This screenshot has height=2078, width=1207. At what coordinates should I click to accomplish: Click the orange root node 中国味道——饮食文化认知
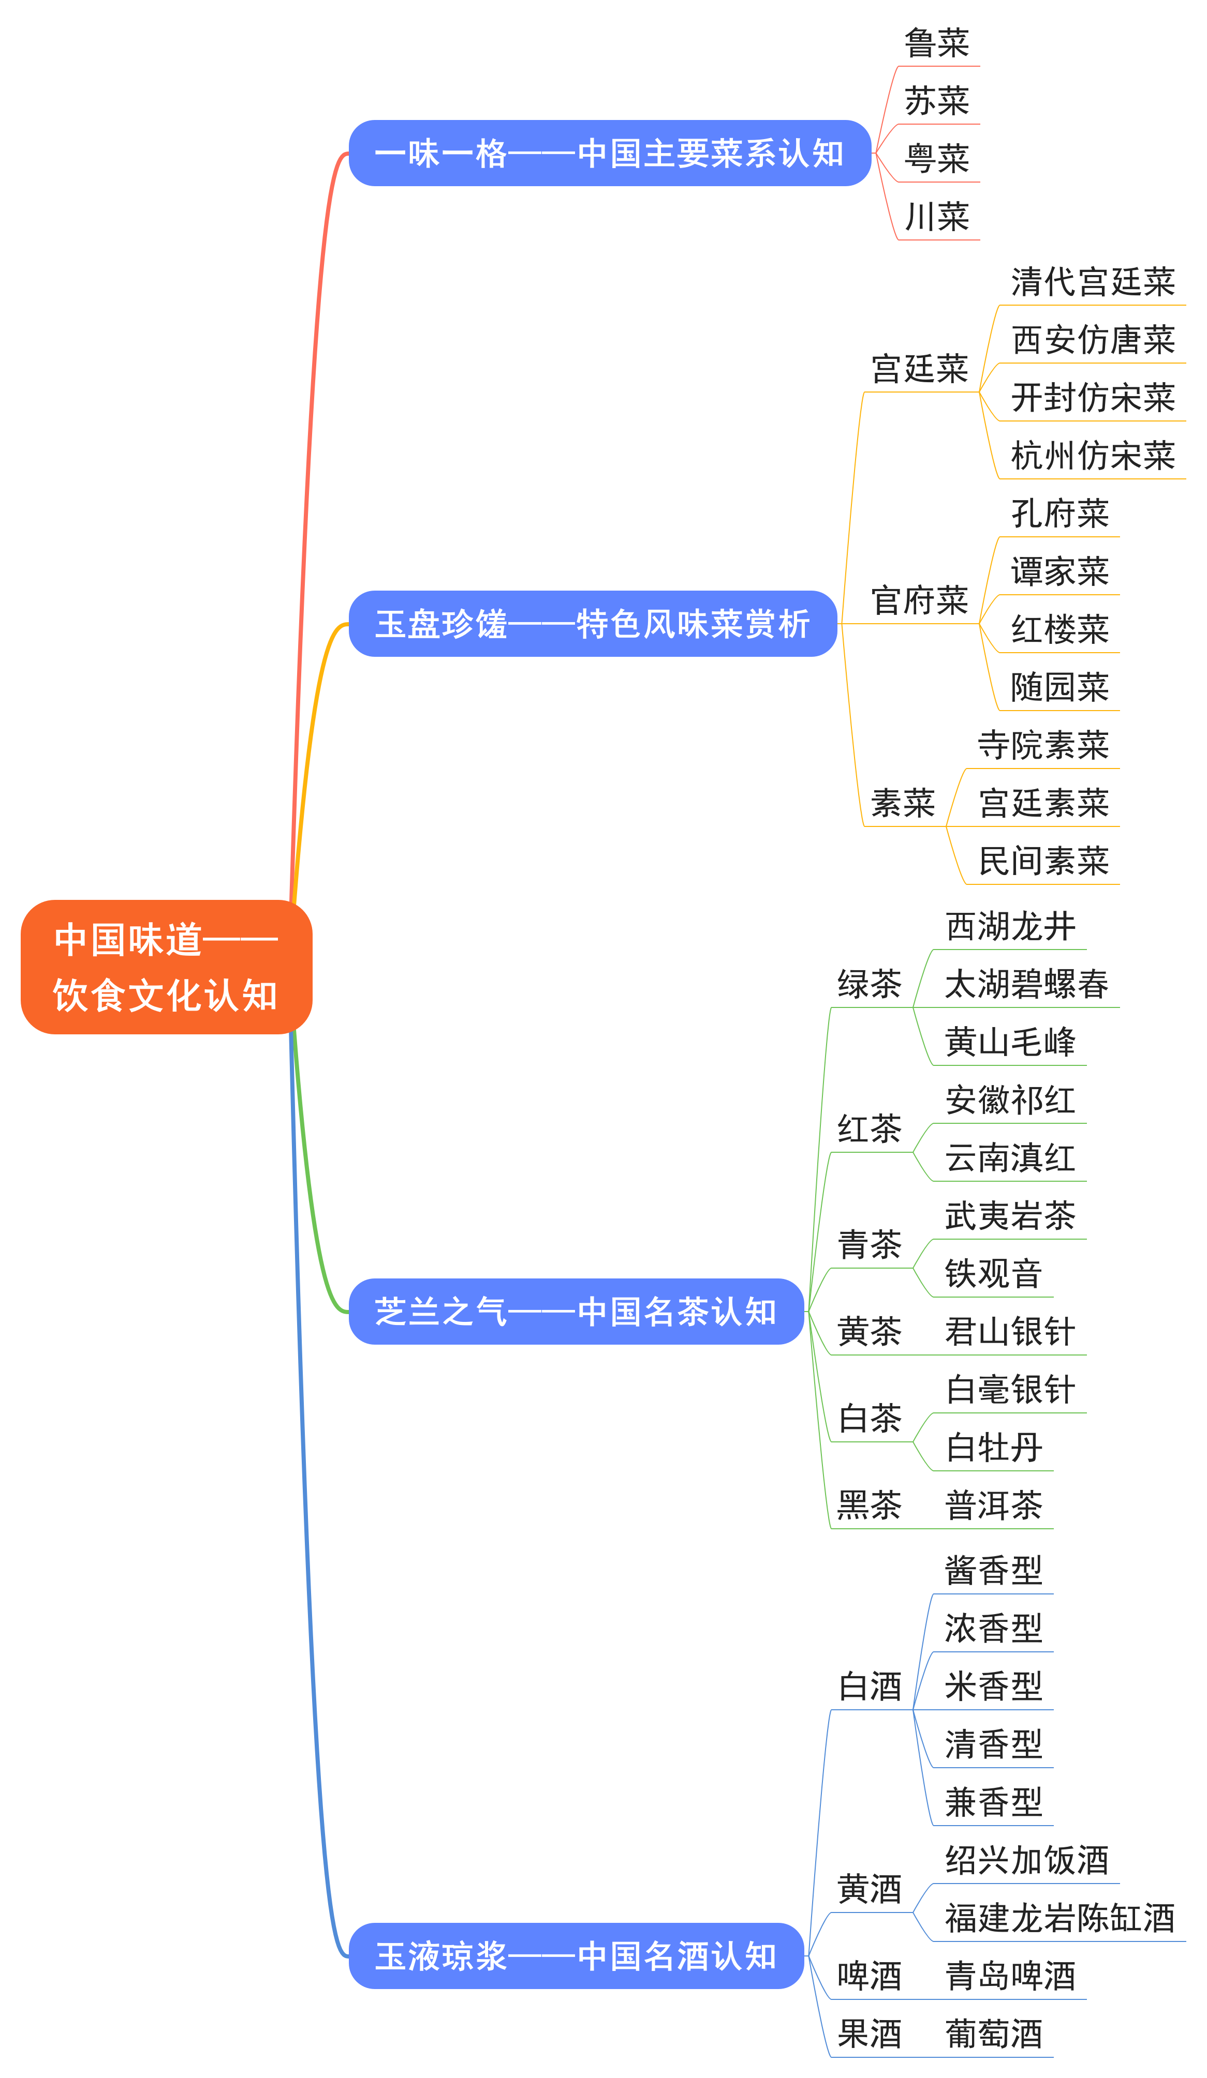[166, 967]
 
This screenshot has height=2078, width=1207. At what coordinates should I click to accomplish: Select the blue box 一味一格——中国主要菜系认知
[610, 154]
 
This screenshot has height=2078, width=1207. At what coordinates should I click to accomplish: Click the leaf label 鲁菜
[936, 43]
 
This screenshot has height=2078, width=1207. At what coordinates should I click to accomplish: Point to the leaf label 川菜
[936, 217]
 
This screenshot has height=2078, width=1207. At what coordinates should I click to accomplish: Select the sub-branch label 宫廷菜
[919, 369]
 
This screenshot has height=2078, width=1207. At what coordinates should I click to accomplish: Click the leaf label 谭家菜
[1059, 571]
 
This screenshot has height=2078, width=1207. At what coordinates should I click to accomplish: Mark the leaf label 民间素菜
[1043, 861]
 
